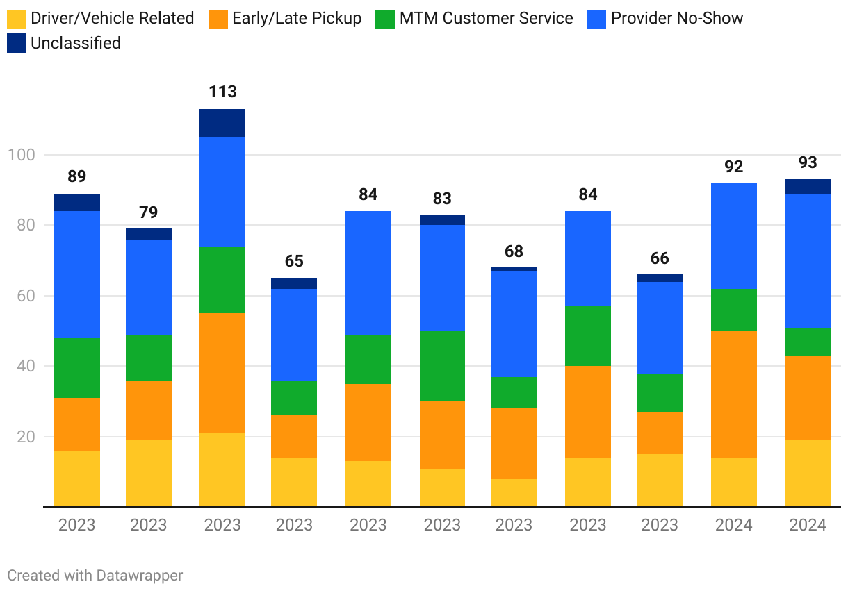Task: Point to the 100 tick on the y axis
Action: [x=21, y=155]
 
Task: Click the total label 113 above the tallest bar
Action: [x=222, y=92]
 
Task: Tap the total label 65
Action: [x=294, y=261]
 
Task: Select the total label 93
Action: [x=808, y=162]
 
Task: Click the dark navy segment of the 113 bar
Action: [x=222, y=123]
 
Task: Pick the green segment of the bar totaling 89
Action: [x=77, y=368]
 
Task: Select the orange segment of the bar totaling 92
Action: [x=734, y=394]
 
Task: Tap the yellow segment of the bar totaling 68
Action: [x=514, y=493]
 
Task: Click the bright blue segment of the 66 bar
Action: [x=660, y=328]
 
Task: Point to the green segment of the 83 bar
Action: [x=442, y=366]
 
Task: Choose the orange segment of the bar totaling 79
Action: [x=149, y=410]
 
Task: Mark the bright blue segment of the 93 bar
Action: [x=808, y=260]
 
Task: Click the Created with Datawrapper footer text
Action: [x=95, y=575]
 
